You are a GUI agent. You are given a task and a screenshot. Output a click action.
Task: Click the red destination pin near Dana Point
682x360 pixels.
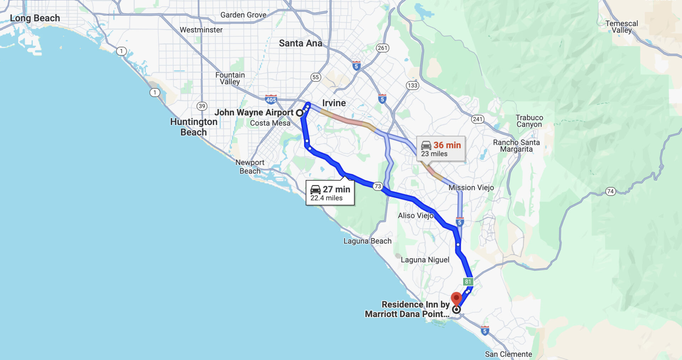[456, 299]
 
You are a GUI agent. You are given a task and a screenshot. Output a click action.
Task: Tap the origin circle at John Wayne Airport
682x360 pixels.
[299, 113]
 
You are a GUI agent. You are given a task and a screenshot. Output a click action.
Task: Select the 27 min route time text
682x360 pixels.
[336, 189]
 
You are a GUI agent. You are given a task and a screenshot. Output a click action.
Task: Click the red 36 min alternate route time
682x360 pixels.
[447, 145]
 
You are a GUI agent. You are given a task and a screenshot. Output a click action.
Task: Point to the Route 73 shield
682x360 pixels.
[378, 186]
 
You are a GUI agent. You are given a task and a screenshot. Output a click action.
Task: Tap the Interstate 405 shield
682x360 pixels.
[271, 99]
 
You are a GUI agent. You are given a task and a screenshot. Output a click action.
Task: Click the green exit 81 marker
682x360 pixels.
[468, 282]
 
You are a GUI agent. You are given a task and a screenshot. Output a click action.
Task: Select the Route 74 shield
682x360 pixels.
[610, 191]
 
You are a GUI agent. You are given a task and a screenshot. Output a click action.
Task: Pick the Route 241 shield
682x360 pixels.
[477, 119]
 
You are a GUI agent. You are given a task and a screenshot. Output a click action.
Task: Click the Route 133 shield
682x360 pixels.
[412, 85]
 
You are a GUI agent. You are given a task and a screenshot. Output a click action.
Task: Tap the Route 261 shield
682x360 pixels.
[383, 48]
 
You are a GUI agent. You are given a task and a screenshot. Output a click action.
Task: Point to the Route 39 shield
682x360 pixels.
[202, 106]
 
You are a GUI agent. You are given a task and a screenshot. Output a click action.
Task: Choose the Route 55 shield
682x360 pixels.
[315, 77]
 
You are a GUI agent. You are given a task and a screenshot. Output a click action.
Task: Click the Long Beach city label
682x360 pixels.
[35, 18]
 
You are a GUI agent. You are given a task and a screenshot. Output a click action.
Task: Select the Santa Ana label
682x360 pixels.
[301, 43]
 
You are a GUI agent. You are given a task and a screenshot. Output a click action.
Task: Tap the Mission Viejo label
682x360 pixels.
[471, 187]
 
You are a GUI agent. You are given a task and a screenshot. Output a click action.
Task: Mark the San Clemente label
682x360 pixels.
[508, 354]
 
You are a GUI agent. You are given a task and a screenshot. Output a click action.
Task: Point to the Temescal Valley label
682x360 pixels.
[622, 27]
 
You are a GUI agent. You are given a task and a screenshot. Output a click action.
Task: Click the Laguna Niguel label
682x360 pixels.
[425, 260]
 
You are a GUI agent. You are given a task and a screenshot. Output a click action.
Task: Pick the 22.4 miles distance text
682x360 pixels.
[326, 198]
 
